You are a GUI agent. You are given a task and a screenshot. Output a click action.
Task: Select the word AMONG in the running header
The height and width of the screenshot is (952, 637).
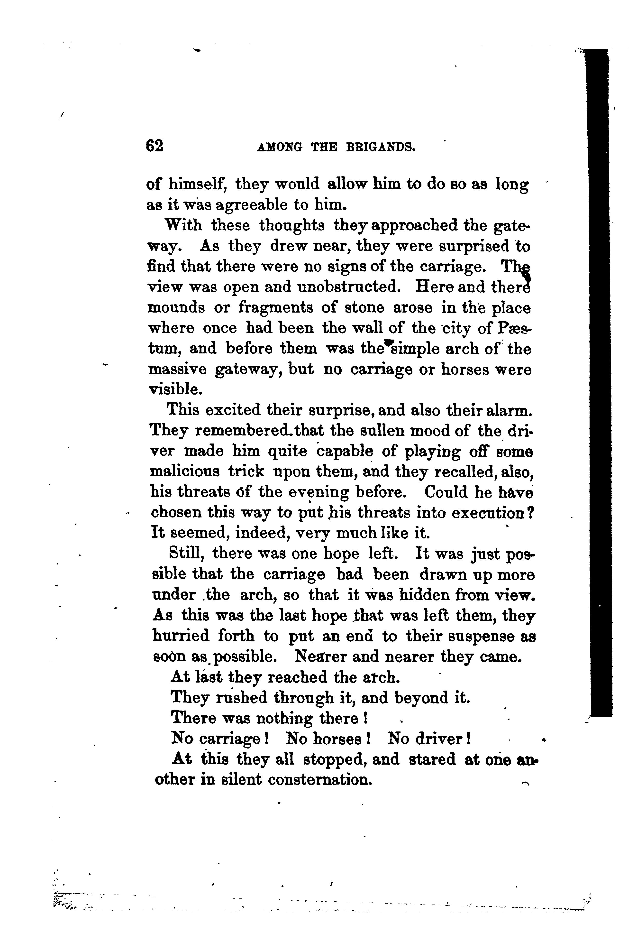(x=280, y=147)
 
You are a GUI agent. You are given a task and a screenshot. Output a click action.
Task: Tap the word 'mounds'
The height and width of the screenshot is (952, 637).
(x=176, y=308)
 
